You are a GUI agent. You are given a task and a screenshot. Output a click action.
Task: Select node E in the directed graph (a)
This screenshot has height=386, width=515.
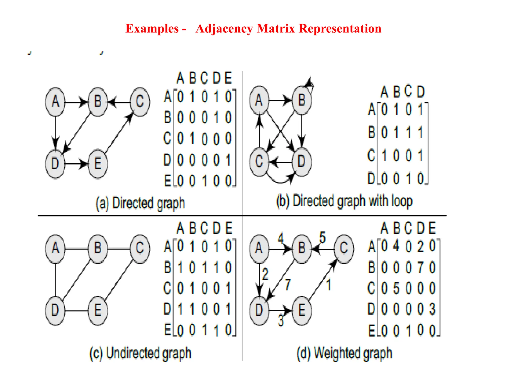(98, 164)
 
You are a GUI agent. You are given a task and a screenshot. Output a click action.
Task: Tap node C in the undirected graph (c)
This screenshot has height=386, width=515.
(140, 249)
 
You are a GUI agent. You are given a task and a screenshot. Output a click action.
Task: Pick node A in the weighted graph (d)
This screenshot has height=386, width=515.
(259, 249)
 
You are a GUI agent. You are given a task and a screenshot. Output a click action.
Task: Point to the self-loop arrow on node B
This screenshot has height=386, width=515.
(310, 84)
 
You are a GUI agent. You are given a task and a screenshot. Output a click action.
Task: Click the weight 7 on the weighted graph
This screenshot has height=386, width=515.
(288, 284)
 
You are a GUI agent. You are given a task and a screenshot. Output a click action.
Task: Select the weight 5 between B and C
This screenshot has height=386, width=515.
(322, 237)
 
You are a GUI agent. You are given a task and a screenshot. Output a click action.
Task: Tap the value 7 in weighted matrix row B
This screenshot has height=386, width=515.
(420, 267)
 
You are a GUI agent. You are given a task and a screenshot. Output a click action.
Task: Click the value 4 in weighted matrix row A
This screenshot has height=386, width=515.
(396, 246)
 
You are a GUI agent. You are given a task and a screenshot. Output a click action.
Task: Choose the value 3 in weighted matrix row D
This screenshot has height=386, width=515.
(432, 309)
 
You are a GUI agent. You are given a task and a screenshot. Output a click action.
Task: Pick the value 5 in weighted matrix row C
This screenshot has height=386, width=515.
(396, 288)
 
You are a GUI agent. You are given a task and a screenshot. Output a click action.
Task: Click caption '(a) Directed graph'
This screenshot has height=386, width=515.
(140, 203)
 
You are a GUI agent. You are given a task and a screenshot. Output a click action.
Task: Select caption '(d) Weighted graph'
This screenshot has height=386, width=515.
(344, 353)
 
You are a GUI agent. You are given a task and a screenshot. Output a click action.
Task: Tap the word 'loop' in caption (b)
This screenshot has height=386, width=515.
(402, 201)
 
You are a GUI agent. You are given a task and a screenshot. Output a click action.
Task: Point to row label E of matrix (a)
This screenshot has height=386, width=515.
(168, 181)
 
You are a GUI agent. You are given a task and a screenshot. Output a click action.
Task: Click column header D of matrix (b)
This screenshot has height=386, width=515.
(421, 92)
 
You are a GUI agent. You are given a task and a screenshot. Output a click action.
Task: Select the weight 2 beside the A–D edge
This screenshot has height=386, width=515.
(265, 274)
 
